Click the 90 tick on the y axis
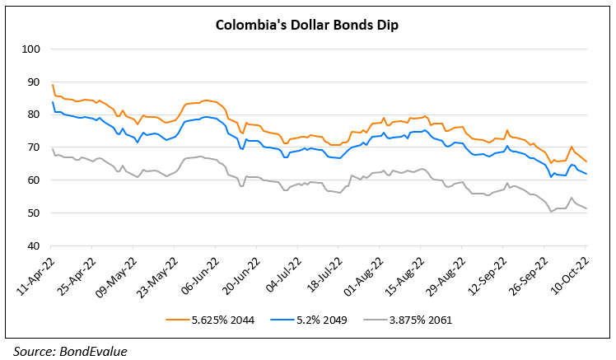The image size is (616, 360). pyautogui.click(x=33, y=82)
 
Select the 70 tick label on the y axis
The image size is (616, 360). pyautogui.click(x=33, y=147)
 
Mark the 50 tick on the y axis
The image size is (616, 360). pyautogui.click(x=33, y=213)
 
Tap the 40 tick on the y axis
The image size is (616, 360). pyautogui.click(x=33, y=246)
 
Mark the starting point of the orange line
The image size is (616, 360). pyautogui.click(x=52, y=84)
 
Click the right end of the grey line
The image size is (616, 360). pyautogui.click(x=586, y=209)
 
